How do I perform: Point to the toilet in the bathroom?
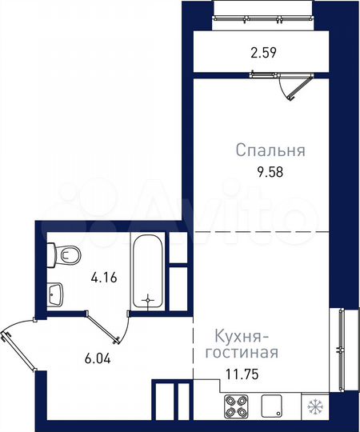coord(64,255)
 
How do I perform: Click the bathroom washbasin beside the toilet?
coord(55,294)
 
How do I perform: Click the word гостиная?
coord(242,353)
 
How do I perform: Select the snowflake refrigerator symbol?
coord(314,407)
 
